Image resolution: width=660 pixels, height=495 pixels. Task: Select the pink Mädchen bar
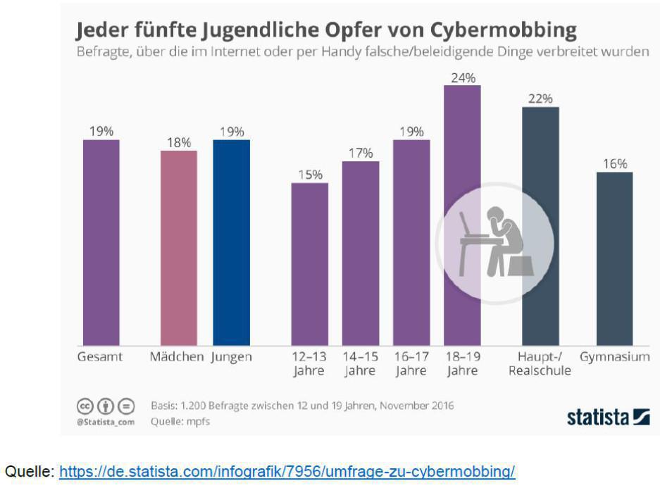(179, 246)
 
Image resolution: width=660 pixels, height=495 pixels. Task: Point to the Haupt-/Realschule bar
(540, 225)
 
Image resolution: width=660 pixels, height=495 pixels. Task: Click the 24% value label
(462, 77)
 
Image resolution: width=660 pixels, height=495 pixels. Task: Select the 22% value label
(540, 99)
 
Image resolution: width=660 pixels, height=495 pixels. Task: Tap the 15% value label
(309, 174)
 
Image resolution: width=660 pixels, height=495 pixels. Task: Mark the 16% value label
(614, 163)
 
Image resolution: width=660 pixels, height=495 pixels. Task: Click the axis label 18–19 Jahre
(462, 364)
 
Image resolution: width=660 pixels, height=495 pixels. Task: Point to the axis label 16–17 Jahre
(411, 364)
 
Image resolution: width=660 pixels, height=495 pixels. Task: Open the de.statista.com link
(287, 472)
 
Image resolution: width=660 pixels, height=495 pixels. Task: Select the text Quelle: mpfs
(180, 422)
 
